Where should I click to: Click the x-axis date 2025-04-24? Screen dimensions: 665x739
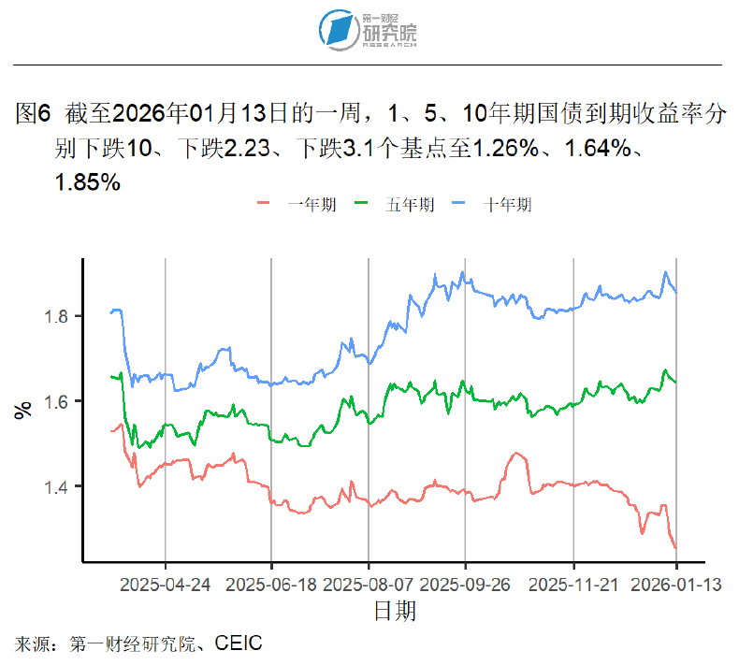[166, 585]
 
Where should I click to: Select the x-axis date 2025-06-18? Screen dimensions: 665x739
[271, 585]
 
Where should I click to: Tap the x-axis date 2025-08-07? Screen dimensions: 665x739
[369, 585]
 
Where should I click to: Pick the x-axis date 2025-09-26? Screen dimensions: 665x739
[466, 585]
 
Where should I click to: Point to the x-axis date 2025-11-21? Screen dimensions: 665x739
[573, 585]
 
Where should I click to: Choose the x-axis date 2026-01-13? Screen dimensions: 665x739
[674, 585]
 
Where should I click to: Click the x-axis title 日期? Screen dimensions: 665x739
[395, 612]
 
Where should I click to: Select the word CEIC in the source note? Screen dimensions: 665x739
[238, 643]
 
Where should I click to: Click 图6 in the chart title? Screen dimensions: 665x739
[34, 116]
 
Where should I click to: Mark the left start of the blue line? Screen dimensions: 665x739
[110, 312]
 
